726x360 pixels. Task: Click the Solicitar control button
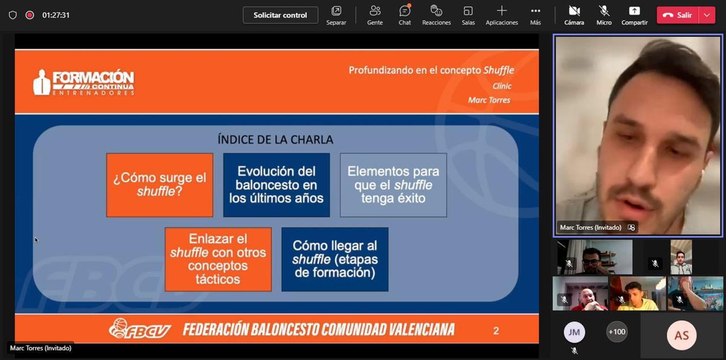point(280,15)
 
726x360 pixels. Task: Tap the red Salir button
point(678,15)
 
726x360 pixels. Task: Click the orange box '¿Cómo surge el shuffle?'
point(160,185)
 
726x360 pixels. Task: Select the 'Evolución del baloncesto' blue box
point(276,185)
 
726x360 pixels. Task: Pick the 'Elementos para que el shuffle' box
point(393,185)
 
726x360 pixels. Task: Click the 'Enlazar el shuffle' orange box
point(218,259)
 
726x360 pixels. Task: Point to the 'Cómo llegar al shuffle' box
point(335,259)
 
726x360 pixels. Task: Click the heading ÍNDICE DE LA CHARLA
point(275,140)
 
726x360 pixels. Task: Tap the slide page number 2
point(496,330)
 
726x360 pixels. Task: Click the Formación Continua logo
point(83,83)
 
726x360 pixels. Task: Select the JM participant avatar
point(574,332)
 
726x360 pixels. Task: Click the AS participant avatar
point(681,335)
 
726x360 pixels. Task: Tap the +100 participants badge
point(616,332)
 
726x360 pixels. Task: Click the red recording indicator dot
point(30,15)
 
